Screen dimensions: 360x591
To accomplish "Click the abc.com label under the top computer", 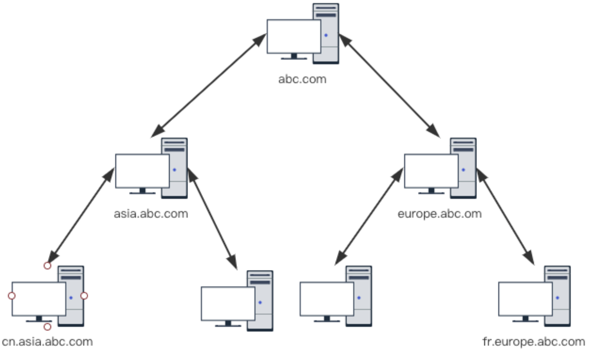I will pyautogui.click(x=302, y=79).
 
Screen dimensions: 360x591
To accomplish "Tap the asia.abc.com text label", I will pyautogui.click(x=151, y=214).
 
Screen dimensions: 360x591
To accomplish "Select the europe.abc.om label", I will pyautogui.click(x=439, y=214).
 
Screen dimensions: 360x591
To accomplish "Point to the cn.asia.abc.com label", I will pyautogui.click(x=47, y=342).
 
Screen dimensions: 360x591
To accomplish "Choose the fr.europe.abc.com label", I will pyautogui.click(x=533, y=342).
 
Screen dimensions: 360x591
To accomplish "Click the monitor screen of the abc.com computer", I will pyautogui.click(x=294, y=36).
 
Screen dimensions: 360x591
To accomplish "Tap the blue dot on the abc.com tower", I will pyautogui.click(x=326, y=35).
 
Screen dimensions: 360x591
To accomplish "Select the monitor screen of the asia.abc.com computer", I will pyautogui.click(x=142, y=171).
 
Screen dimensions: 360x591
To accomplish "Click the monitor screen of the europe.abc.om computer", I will pyautogui.click(x=431, y=171).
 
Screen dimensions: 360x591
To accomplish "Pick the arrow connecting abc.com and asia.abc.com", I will pyautogui.click(x=209, y=86).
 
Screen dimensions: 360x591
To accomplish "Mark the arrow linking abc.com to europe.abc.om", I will pyautogui.click(x=389, y=86).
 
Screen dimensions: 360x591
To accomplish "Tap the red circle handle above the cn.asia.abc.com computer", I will pyautogui.click(x=47, y=266).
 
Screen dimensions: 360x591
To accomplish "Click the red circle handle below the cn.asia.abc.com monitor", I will pyautogui.click(x=47, y=327).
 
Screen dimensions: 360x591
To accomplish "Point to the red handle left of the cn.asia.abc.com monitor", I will pyautogui.click(x=12, y=296).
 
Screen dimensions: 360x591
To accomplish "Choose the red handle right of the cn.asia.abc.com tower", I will pyautogui.click(x=84, y=296).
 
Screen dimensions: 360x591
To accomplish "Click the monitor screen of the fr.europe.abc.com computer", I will pyautogui.click(x=525, y=299).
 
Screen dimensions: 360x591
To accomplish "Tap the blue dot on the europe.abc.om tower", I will pyautogui.click(x=463, y=170).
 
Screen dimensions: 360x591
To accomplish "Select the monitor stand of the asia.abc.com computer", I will pyautogui.click(x=142, y=191).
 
